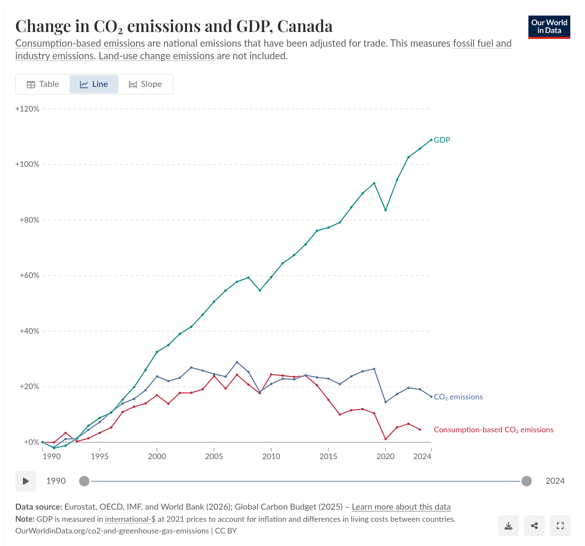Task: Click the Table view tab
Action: (43, 84)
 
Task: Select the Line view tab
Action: (94, 84)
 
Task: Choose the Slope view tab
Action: (145, 84)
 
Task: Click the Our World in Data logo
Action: (549, 27)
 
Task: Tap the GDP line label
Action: (442, 140)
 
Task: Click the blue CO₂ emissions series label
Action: (458, 397)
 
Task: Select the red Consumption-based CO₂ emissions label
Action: (493, 430)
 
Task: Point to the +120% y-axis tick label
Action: (27, 109)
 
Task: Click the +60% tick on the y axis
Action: (29, 275)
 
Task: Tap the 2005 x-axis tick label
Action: (214, 456)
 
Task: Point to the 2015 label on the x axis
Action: (328, 456)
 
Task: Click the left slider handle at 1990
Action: (84, 481)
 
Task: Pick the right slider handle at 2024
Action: (526, 481)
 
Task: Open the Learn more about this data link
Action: (401, 507)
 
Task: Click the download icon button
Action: (508, 526)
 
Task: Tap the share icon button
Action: (534, 526)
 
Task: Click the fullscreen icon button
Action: (560, 526)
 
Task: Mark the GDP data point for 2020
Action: (385, 210)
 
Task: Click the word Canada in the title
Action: (305, 26)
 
